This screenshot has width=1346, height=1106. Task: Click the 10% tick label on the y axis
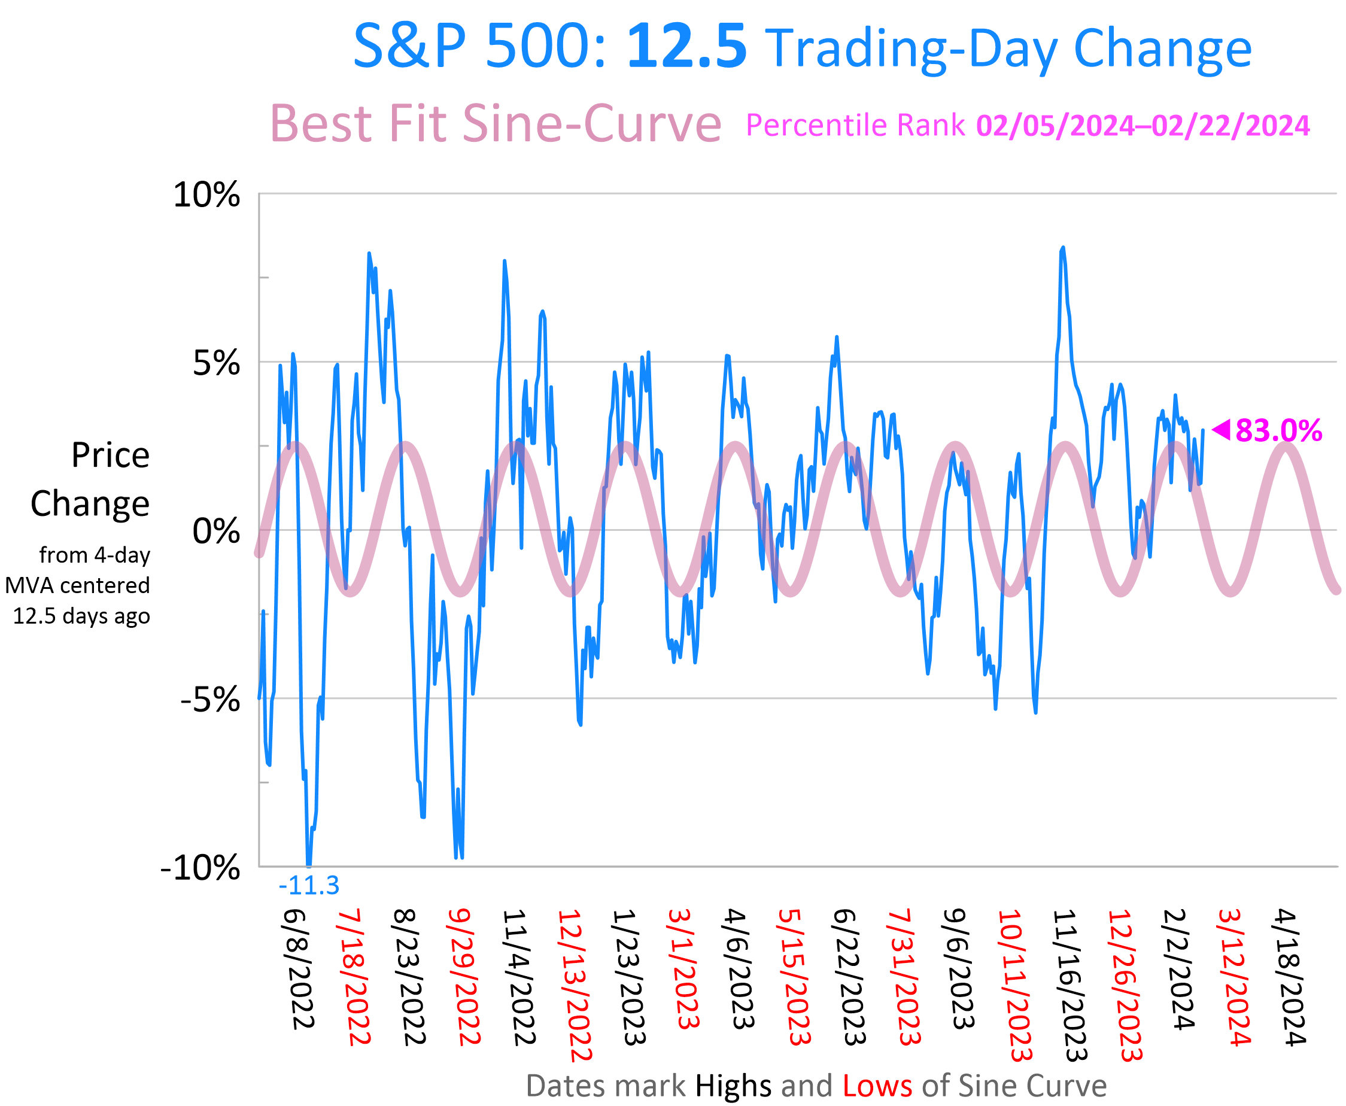[x=206, y=195]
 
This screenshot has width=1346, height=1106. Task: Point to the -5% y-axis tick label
[x=210, y=700]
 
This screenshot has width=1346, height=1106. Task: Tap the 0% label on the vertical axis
[x=216, y=531]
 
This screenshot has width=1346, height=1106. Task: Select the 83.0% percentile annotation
[x=1278, y=431]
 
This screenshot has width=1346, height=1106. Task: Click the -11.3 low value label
[x=309, y=886]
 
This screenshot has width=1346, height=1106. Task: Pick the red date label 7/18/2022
[x=354, y=978]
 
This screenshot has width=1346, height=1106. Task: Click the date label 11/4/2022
[x=518, y=978]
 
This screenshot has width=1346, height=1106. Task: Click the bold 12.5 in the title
[x=686, y=47]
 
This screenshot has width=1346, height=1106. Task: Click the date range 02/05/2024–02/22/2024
[x=1143, y=126]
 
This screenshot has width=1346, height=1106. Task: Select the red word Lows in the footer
[x=877, y=1086]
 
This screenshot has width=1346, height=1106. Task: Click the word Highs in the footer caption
[x=733, y=1086]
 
